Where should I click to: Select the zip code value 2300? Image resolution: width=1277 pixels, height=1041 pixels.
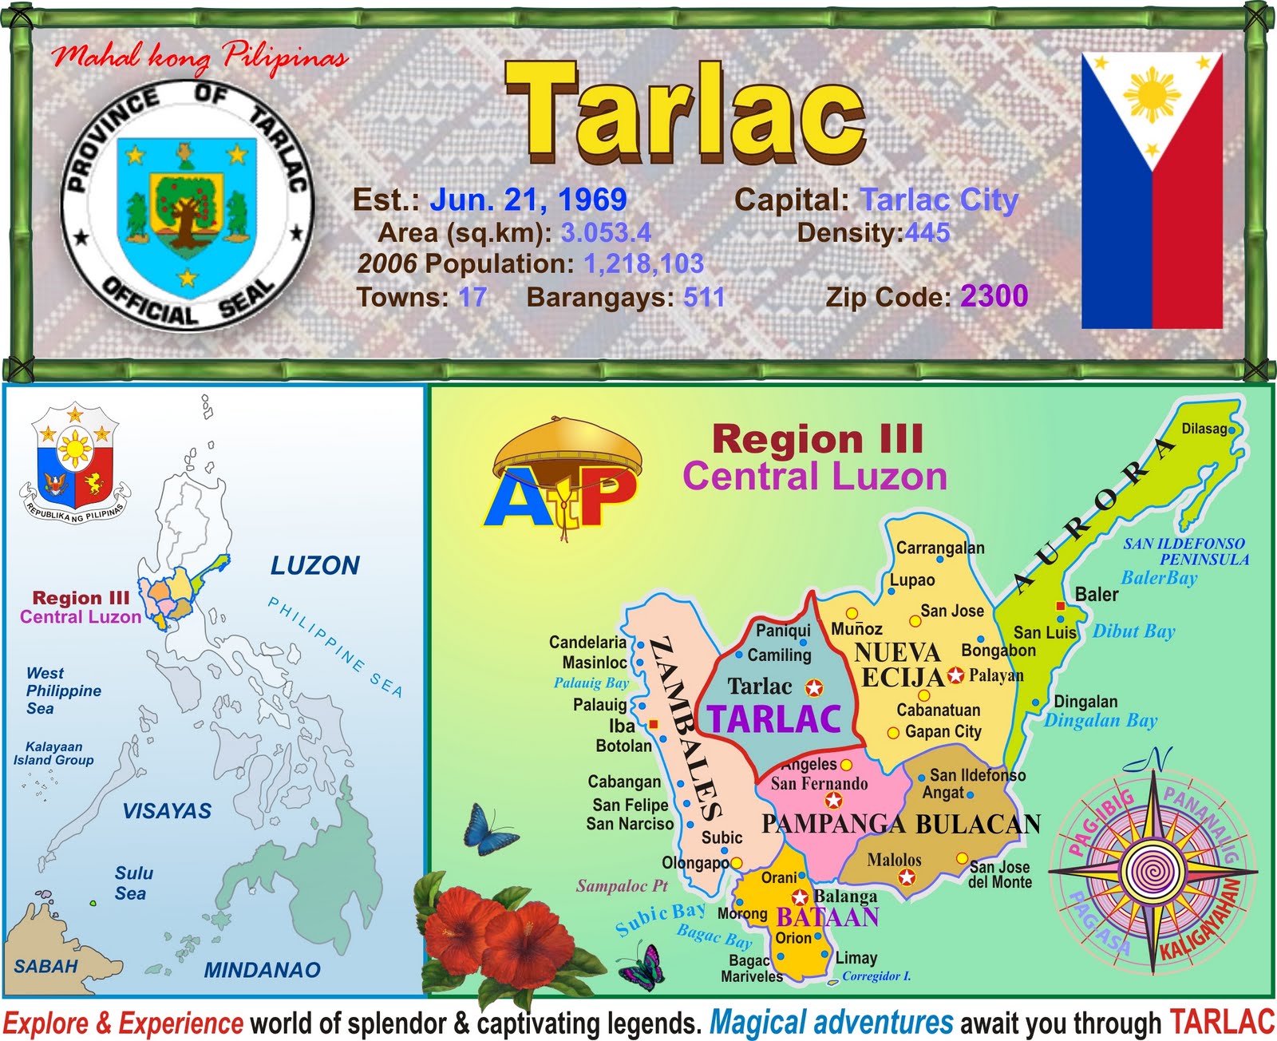pos(994,296)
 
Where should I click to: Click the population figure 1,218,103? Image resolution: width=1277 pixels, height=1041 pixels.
pos(643,263)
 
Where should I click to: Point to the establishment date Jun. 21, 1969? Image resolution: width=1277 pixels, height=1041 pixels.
pos(528,200)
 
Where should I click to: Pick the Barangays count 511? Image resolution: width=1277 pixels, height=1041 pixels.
pos(704,297)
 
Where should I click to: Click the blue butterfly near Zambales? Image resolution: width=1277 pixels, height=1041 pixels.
pos(488,830)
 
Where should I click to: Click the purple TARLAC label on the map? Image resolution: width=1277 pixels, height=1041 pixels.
pos(774,719)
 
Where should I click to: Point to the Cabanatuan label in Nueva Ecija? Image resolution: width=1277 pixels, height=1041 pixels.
pos(939,710)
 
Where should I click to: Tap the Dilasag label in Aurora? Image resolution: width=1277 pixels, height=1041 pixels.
pos(1204,429)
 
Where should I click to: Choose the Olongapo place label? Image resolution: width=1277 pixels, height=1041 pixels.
pos(695,863)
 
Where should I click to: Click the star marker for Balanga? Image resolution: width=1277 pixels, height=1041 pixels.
pos(800,897)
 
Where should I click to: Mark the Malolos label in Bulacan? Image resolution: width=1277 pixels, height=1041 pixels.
pos(894,860)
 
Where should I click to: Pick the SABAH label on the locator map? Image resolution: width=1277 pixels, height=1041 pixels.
pos(46,966)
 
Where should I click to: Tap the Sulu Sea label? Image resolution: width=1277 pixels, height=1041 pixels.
pos(132,883)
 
